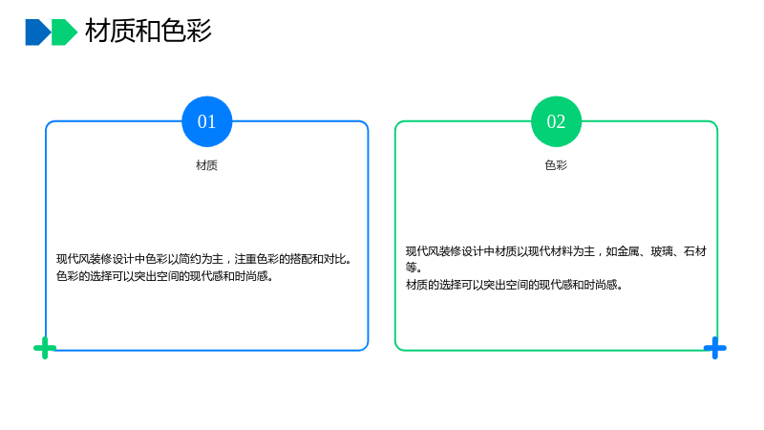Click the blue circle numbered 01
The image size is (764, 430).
click(206, 121)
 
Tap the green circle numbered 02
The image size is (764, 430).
click(556, 121)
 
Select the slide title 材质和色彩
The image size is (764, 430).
click(148, 31)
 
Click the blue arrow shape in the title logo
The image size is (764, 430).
click(37, 32)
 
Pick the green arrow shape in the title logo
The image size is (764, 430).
click(64, 32)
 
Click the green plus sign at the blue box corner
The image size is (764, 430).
click(45, 348)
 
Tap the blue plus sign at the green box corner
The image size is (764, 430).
click(714, 348)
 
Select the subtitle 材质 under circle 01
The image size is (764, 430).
click(206, 165)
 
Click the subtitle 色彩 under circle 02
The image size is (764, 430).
click(556, 165)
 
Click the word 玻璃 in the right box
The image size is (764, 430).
click(662, 251)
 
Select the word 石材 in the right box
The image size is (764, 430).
click(695, 251)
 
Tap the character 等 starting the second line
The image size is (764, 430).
click(412, 268)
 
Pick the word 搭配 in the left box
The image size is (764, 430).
click(301, 259)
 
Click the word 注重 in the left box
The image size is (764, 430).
click(245, 259)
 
